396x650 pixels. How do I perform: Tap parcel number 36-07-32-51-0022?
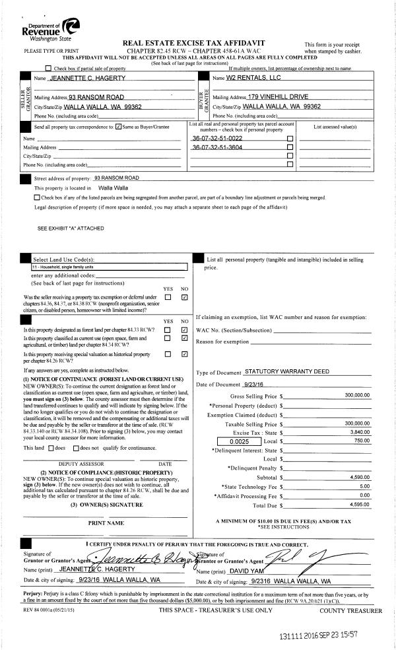point(217,139)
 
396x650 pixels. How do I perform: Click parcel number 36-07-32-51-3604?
point(217,147)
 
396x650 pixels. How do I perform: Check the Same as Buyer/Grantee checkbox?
point(118,126)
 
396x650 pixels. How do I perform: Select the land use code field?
point(109,268)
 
